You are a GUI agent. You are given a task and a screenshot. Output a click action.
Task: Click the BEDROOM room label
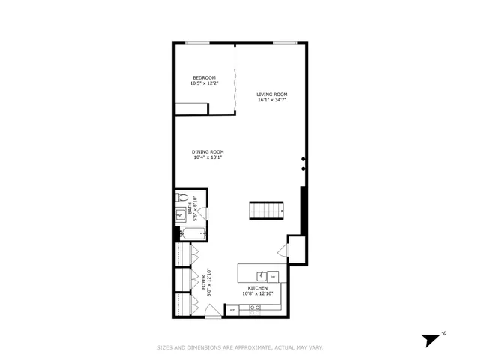point(204,78)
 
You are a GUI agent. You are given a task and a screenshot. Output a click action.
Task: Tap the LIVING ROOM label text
point(272,94)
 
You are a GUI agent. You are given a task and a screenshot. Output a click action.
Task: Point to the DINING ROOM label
point(208,152)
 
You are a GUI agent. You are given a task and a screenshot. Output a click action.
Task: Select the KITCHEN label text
point(258,289)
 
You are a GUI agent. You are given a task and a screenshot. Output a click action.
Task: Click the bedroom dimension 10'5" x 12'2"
point(204,84)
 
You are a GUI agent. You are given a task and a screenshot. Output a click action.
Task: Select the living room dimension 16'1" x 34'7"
point(272,100)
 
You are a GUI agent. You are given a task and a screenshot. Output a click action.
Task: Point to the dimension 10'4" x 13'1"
point(208,158)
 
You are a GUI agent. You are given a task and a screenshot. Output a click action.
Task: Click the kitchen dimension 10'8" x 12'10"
point(258,295)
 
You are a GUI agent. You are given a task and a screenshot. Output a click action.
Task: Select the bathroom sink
point(181,216)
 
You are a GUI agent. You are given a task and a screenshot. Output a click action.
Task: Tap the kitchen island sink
point(262,274)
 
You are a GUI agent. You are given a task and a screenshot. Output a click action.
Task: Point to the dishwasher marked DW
point(273,276)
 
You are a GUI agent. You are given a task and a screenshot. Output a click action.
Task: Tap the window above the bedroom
point(197,43)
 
